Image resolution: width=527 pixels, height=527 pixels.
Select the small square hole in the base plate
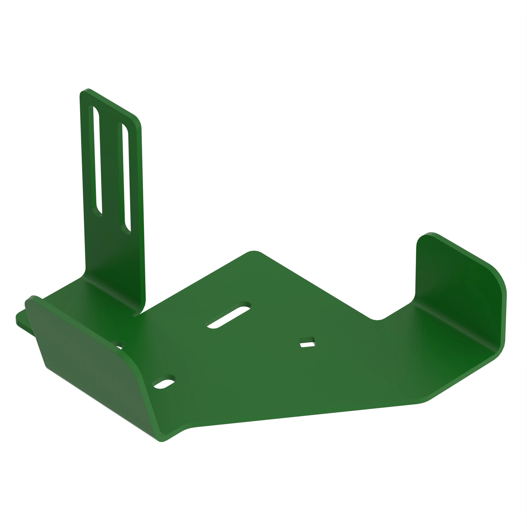tap(308, 342)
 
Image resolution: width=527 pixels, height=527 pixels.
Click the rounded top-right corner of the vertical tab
tap(136, 121)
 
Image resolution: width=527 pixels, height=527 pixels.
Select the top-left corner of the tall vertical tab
tap(83, 92)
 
